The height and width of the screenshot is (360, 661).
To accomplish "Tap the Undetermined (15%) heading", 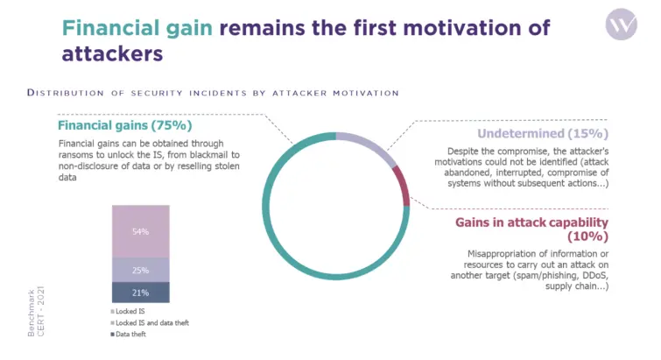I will [x=543, y=134].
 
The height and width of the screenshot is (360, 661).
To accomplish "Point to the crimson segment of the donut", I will [x=402, y=185].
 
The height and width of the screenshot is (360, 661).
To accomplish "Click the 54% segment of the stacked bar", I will [x=140, y=231].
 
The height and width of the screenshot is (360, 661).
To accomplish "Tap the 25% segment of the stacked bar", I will [x=140, y=270].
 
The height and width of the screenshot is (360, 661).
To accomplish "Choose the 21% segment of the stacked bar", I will [x=140, y=292].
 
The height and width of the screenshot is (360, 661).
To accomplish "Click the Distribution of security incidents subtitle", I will [x=214, y=92].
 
